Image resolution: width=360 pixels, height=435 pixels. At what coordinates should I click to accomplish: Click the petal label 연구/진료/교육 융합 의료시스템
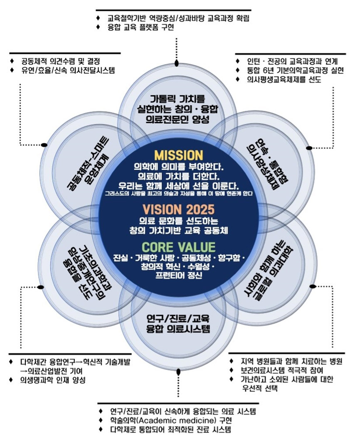(x=178, y=324)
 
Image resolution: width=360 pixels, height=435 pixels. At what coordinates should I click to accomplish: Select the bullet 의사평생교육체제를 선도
(x=284, y=79)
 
